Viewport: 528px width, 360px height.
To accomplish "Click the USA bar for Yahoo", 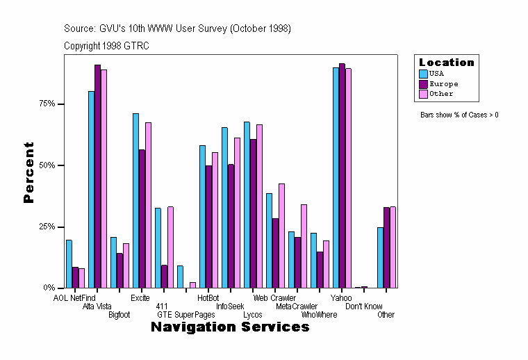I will click(x=336, y=178).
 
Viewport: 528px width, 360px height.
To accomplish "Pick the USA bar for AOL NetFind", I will click(x=69, y=264).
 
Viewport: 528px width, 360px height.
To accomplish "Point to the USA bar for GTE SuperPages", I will click(x=180, y=277).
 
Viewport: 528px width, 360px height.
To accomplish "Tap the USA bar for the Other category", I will click(x=380, y=258).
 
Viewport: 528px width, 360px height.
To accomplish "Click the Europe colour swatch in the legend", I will click(x=423, y=83).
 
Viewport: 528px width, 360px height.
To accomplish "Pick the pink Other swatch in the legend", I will click(x=423, y=94).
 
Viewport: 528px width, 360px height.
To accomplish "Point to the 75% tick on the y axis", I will click(x=56, y=104).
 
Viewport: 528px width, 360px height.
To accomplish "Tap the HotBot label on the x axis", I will click(x=208, y=298).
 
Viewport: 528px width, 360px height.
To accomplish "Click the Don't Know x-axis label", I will click(x=364, y=306).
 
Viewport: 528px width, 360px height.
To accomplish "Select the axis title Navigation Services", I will click(x=230, y=327).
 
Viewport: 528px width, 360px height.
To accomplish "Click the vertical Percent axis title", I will click(x=28, y=172).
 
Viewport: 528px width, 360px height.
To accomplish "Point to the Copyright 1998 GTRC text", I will click(x=106, y=46).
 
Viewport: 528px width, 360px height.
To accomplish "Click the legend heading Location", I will click(x=446, y=63).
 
